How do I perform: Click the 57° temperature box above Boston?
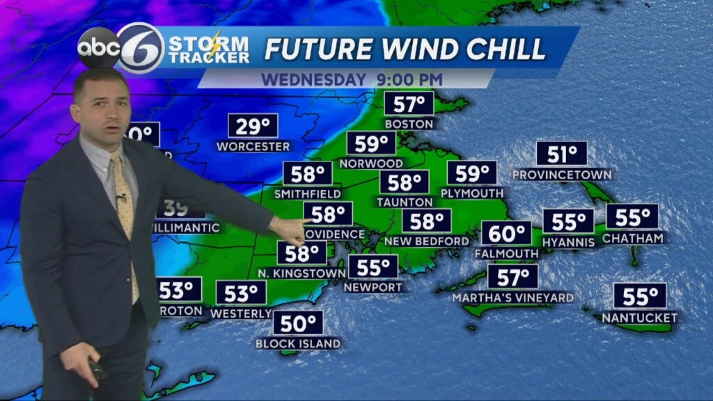click(x=409, y=104)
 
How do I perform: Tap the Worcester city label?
click(x=253, y=146)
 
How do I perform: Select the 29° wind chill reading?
click(x=253, y=127)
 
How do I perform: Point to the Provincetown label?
click(x=562, y=174)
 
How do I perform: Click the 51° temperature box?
click(x=562, y=154)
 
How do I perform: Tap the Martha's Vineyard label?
click(x=513, y=298)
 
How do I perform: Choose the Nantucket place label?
click(x=640, y=318)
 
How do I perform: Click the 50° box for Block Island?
click(x=298, y=323)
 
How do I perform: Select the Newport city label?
click(x=373, y=287)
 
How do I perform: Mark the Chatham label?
click(x=632, y=238)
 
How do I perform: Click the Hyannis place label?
click(x=569, y=242)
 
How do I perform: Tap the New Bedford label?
click(x=427, y=242)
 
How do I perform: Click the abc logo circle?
click(x=99, y=48)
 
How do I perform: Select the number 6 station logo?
click(x=141, y=48)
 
